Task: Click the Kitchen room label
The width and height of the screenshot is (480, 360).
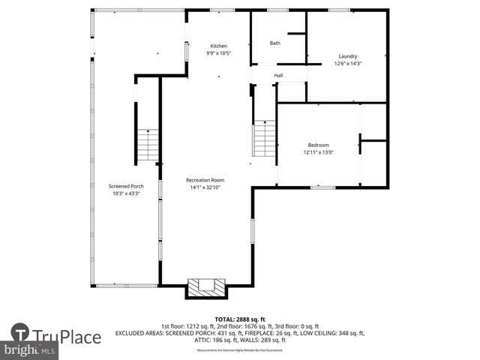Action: coord(218,46)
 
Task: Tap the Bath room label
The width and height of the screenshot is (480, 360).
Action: coord(275,43)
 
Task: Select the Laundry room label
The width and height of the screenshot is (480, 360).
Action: coord(347,56)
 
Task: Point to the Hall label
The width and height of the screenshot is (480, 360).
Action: coord(278,76)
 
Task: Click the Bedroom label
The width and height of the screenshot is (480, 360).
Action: coord(318,145)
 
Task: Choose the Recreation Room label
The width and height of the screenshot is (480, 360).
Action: coord(205,180)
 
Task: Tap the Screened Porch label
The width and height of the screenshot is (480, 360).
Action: coord(126,186)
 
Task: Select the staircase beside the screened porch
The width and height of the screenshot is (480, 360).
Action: coord(148,145)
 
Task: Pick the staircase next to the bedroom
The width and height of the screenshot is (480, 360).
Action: coord(264,138)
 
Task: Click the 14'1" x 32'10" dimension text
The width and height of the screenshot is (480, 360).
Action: coord(205,187)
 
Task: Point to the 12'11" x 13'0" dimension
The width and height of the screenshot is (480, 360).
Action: coord(318,152)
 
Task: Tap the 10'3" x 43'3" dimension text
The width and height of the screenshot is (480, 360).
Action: coord(126,193)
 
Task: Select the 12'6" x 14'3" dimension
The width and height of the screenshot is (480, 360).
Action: coord(347,64)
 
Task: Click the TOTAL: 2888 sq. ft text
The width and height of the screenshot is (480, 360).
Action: coord(239,319)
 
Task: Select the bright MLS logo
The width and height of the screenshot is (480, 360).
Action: coord(29,350)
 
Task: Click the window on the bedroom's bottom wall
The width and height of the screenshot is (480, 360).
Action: coord(322,187)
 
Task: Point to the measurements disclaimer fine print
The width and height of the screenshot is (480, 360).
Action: coord(239,350)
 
